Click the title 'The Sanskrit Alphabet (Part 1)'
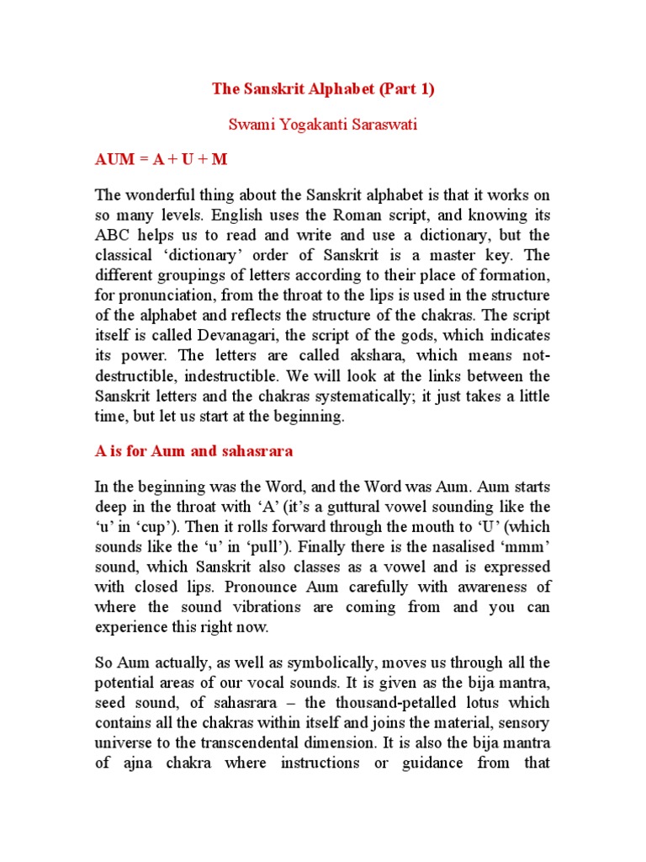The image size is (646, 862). (323, 89)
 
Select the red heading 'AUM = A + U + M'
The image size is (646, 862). (161, 159)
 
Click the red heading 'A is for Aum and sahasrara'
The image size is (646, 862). (193, 450)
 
